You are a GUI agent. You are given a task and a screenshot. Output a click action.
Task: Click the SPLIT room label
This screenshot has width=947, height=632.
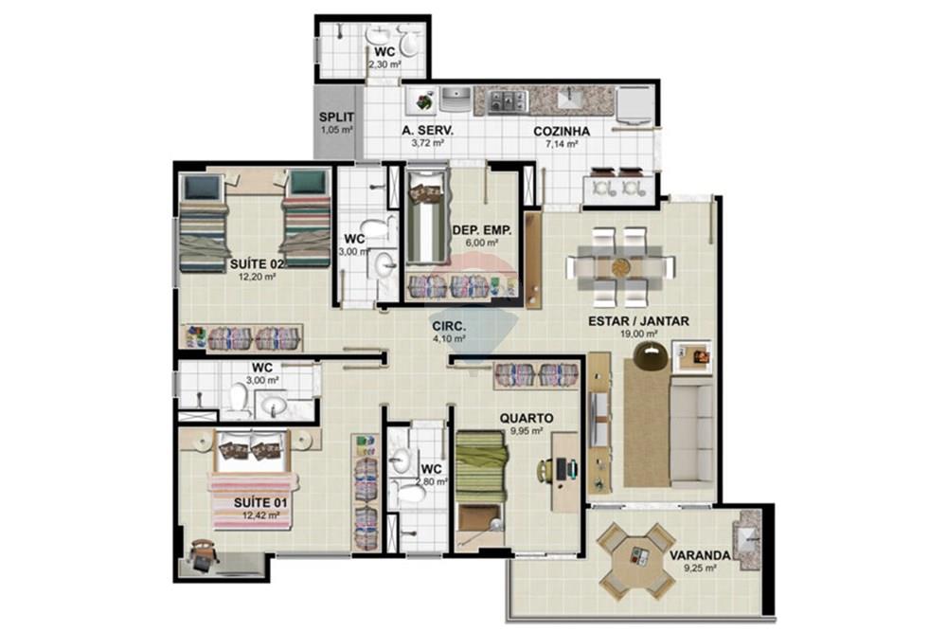[x=336, y=117]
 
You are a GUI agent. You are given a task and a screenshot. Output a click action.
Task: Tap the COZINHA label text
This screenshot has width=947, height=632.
[x=562, y=132]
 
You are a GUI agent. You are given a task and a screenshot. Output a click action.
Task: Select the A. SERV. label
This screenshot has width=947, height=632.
[x=427, y=132]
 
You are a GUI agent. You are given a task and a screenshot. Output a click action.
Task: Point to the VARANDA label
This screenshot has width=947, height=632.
[x=699, y=555]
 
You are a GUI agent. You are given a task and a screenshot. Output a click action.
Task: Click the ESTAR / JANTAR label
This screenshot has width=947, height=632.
[x=637, y=321]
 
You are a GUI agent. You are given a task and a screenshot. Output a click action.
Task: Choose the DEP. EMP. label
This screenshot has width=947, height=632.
[x=482, y=229]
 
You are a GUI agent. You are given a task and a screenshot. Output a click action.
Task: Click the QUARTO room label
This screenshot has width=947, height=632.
[x=527, y=418]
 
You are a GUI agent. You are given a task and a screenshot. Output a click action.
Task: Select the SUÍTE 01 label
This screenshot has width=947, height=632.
[x=260, y=502]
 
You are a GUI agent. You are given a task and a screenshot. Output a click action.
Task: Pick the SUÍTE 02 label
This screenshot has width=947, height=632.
[x=258, y=264]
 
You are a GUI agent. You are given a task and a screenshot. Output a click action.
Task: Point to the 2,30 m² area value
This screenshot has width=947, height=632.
[x=384, y=64]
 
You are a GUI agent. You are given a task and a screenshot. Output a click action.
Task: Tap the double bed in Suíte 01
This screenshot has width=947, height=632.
[x=249, y=479]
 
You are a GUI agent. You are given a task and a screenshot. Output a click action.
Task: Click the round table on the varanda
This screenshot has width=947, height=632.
[x=636, y=562]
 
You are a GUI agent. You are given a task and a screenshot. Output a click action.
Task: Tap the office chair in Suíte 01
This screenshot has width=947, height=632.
[x=203, y=553]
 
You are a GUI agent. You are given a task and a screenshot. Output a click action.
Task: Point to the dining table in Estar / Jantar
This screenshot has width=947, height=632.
[x=620, y=267]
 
